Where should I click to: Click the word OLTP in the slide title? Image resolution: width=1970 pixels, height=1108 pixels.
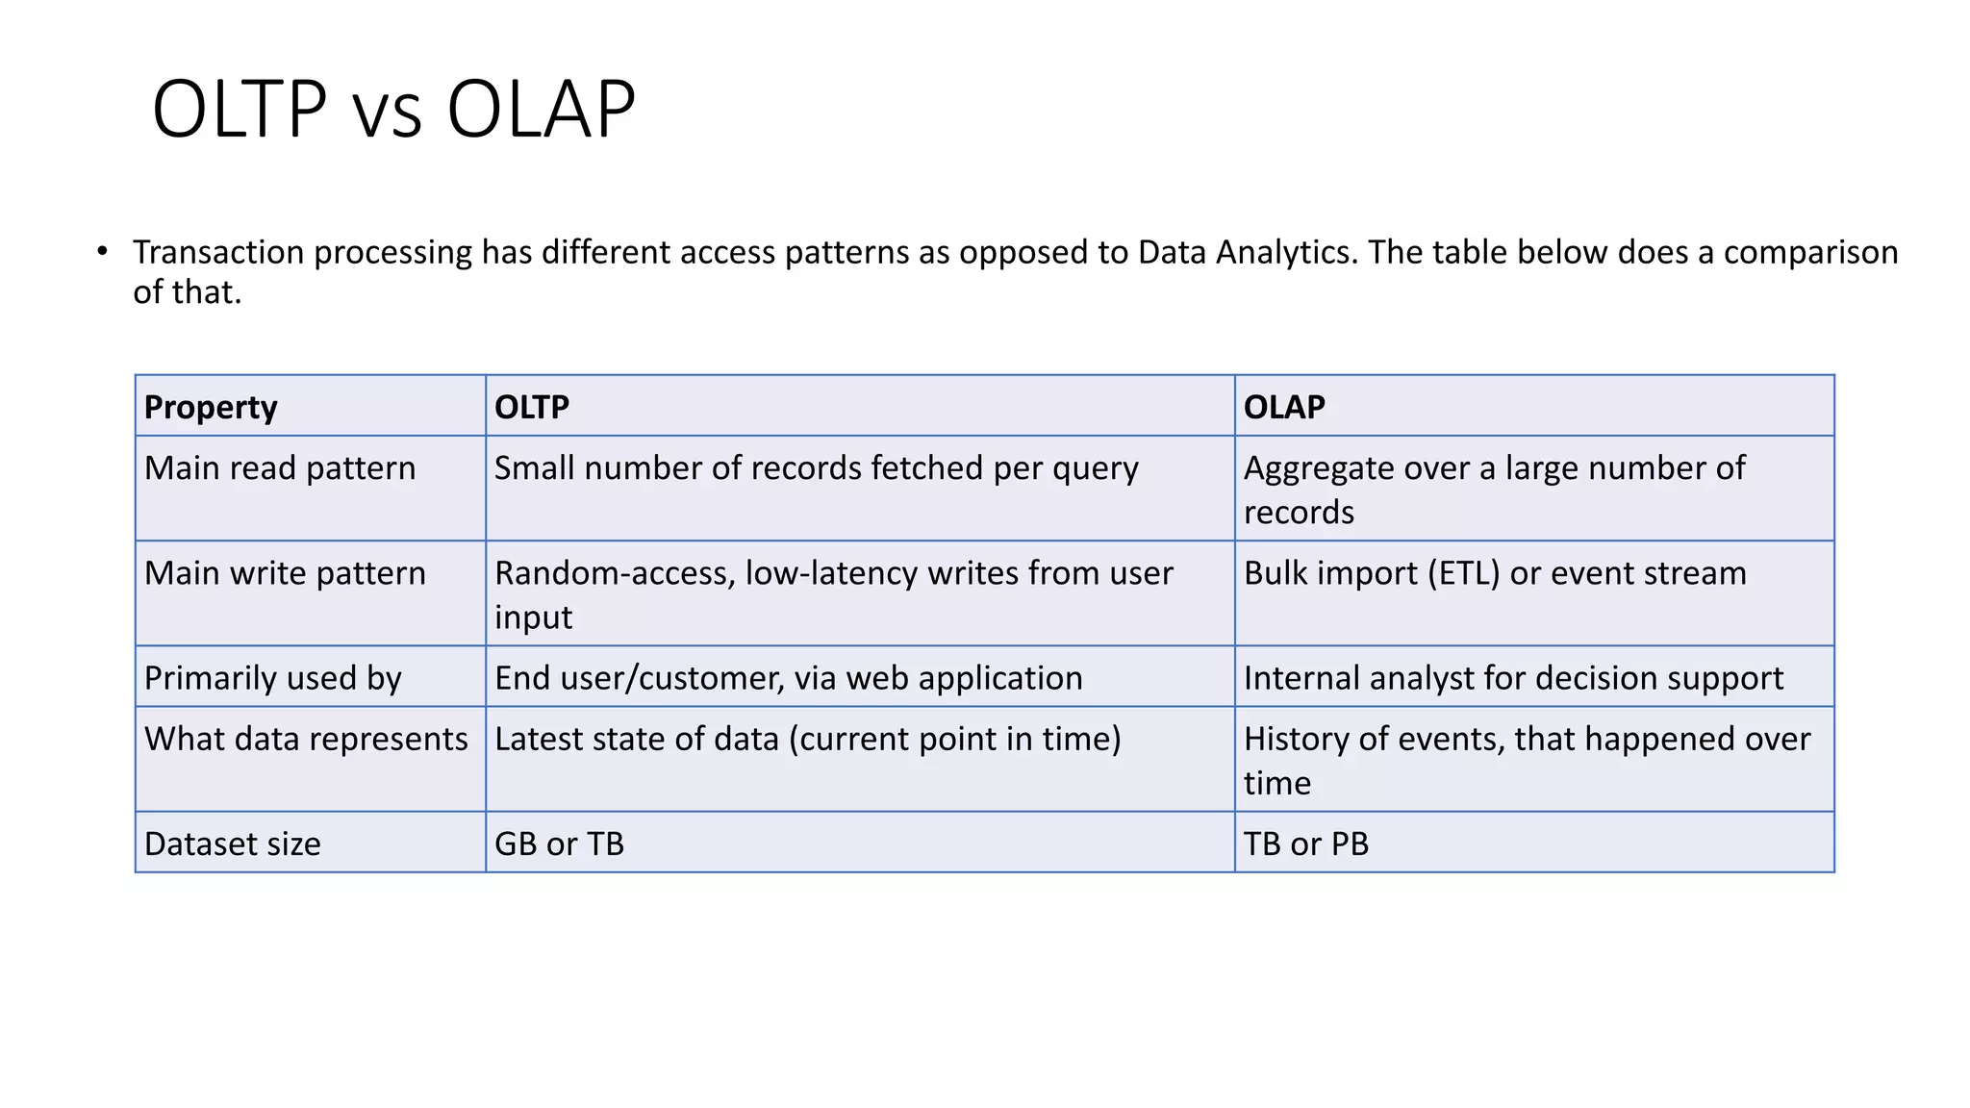tap(240, 110)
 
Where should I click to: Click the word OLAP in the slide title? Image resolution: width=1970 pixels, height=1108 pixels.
tap(541, 110)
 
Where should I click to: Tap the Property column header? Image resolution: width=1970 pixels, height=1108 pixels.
tap(211, 407)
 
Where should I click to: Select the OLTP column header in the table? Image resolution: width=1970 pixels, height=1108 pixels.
tap(532, 407)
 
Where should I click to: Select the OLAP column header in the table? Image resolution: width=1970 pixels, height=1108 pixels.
tap(1284, 407)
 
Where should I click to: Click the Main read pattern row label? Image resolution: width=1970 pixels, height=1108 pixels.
tap(280, 468)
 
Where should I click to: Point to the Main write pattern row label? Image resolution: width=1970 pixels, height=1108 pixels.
tap(285, 573)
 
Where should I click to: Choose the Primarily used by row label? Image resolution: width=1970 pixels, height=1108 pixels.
tap(273, 678)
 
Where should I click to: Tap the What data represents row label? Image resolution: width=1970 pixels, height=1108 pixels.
tap(306, 739)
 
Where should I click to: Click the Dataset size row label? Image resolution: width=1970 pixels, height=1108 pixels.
tap(233, 844)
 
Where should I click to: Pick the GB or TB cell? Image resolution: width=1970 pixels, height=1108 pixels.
tap(559, 844)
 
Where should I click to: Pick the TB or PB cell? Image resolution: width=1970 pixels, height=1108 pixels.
tap(1305, 844)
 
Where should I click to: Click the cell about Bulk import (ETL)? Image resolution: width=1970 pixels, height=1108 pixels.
tap(1494, 573)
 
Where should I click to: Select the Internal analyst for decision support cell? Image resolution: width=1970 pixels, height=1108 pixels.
tap(1513, 678)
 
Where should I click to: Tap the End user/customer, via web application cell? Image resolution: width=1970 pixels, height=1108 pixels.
tap(788, 678)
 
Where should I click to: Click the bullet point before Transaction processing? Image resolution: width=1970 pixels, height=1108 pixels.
tap(102, 251)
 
